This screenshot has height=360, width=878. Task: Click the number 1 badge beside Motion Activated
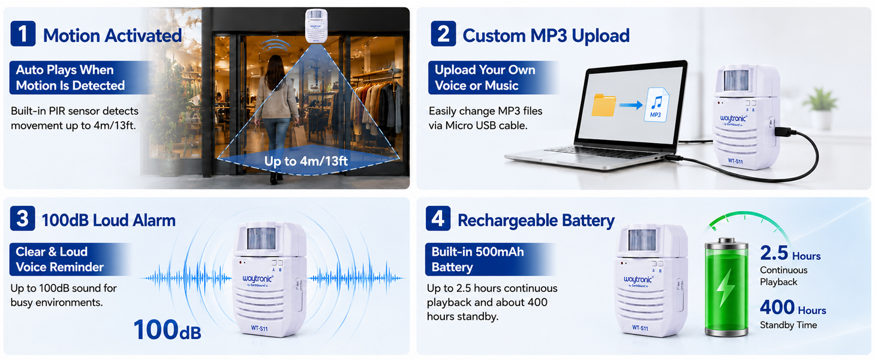pos(23,34)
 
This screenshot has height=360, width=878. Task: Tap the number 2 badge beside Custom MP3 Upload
pos(443,34)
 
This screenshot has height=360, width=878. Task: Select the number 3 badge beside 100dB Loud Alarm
pos(23,218)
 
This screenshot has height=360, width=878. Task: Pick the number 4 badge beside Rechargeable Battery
pos(438,218)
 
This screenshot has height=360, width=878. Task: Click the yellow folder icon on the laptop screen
pos(603,105)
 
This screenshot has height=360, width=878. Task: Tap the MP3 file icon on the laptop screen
pos(657,105)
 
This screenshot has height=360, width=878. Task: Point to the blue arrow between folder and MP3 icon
pos(631,105)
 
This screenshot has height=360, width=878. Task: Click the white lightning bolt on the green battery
pos(726,286)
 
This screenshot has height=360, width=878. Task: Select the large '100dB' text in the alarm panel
pos(167,329)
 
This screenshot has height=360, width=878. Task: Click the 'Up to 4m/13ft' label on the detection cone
pos(306,161)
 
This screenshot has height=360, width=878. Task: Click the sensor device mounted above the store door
pos(316,25)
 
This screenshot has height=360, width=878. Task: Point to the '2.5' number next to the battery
pos(774,253)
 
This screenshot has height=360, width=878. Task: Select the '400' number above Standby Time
pos(777,307)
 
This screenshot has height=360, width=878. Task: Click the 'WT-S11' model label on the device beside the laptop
pos(735,161)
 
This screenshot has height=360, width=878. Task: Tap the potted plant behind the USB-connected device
pos(821,109)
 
